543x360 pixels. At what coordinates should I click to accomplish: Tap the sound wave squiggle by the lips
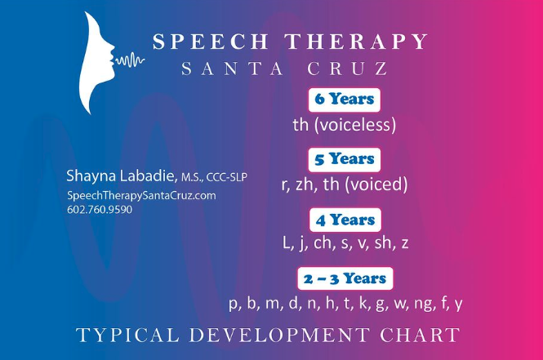(130, 60)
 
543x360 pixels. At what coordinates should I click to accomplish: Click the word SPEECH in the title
(210, 41)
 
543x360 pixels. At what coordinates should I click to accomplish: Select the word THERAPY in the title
(356, 41)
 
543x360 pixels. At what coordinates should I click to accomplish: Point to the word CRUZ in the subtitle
(347, 69)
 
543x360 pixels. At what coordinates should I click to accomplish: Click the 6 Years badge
(345, 100)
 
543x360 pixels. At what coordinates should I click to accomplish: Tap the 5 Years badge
(345, 159)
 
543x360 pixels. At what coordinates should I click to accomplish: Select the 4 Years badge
(345, 220)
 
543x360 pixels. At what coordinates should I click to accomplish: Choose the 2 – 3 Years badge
(345, 278)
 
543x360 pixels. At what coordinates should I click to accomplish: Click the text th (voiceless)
(345, 125)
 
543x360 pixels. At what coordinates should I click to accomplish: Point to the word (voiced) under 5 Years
(376, 184)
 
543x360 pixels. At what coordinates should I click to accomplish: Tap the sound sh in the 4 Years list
(383, 242)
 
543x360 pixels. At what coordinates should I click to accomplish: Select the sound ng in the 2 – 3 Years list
(424, 304)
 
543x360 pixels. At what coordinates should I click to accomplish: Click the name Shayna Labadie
(120, 176)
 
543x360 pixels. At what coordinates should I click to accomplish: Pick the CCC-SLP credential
(227, 177)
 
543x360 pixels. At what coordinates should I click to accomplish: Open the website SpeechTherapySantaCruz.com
(141, 196)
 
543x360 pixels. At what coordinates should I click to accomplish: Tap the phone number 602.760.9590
(100, 210)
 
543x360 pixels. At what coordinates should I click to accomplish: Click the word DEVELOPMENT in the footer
(279, 335)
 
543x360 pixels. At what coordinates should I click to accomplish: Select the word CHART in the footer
(420, 335)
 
